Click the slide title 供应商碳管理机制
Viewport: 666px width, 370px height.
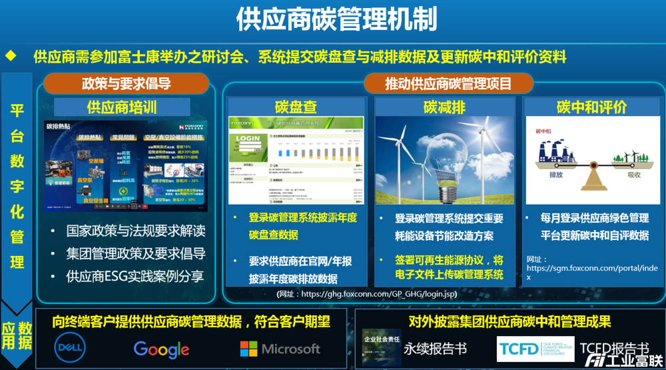pyautogui.click(x=337, y=19)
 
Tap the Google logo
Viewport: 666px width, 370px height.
pyautogui.click(x=162, y=349)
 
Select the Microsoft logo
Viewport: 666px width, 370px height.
pyautogui.click(x=280, y=349)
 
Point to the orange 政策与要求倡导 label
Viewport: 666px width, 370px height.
pyautogui.click(x=127, y=84)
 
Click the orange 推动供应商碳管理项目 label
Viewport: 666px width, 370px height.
pyautogui.click(x=449, y=84)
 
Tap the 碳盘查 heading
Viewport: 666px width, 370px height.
pyautogui.click(x=296, y=107)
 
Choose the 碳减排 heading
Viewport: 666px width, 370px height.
pyautogui.click(x=444, y=107)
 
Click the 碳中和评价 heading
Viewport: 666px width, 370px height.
pyautogui.click(x=592, y=107)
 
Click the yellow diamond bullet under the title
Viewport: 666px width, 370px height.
pyautogui.click(x=11, y=56)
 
